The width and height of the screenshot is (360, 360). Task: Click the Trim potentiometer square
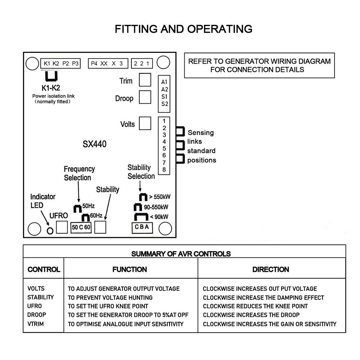pyautogui.click(x=145, y=80)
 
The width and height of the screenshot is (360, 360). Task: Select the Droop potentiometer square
pyautogui.click(x=145, y=97)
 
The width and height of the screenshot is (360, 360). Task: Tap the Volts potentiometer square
pyautogui.click(x=145, y=123)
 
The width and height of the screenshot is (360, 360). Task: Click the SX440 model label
pyautogui.click(x=95, y=144)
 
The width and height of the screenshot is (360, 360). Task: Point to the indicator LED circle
pyautogui.click(x=50, y=230)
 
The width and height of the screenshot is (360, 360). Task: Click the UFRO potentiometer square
pyautogui.click(x=62, y=227)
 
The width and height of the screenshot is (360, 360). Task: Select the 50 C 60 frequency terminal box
pyautogui.click(x=81, y=227)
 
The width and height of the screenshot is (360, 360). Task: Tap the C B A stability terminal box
pyautogui.click(x=142, y=228)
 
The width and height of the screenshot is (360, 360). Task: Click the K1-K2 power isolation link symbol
pyautogui.click(x=51, y=76)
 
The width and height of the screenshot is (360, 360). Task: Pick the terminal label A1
pyautogui.click(x=165, y=82)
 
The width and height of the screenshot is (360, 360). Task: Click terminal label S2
pyautogui.click(x=165, y=104)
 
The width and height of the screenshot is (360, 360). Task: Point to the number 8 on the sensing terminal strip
pyautogui.click(x=164, y=170)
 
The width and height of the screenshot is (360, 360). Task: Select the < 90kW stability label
pyautogui.click(x=159, y=217)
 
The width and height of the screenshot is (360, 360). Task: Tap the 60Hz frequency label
pyautogui.click(x=96, y=215)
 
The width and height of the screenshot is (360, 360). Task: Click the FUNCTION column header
pyautogui.click(x=130, y=269)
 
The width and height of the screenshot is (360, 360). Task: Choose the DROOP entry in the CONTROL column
pyautogui.click(x=37, y=315)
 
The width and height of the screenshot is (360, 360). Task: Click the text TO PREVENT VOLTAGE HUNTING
pyautogui.click(x=110, y=298)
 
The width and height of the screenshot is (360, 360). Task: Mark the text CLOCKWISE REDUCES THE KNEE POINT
pyautogui.click(x=255, y=306)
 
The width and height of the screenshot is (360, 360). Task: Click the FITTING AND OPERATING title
pyautogui.click(x=184, y=29)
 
